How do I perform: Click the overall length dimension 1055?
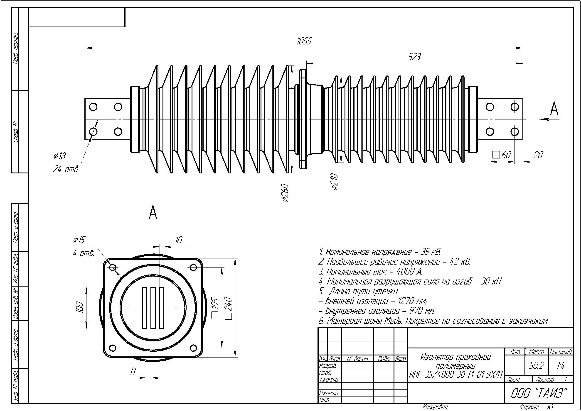[x=304, y=41]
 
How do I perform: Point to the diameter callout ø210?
[x=335, y=181]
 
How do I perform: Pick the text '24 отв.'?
[x=66, y=169]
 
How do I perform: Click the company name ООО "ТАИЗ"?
[x=538, y=393]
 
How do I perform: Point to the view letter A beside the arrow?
[x=554, y=109]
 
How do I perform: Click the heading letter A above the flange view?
[x=153, y=213]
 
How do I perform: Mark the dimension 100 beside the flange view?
[x=80, y=307]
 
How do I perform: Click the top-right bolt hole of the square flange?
[x=193, y=267]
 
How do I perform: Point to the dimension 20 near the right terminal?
[x=538, y=155]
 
